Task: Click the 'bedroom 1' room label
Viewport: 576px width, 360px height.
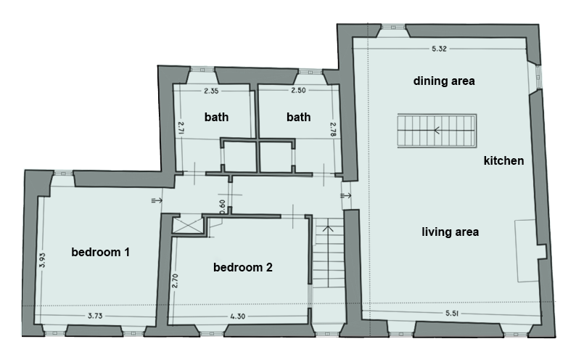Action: pyautogui.click(x=100, y=252)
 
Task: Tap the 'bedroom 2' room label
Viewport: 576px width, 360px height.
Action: pyautogui.click(x=243, y=267)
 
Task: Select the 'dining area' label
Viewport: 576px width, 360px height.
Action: pyautogui.click(x=444, y=81)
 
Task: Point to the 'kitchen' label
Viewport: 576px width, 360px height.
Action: pyautogui.click(x=503, y=160)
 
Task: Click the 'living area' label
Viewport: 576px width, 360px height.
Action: pyautogui.click(x=450, y=232)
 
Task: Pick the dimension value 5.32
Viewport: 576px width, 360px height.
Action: pyautogui.click(x=439, y=49)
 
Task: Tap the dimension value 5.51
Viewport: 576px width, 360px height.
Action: pyautogui.click(x=452, y=314)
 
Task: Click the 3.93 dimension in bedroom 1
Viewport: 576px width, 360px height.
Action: pyautogui.click(x=42, y=260)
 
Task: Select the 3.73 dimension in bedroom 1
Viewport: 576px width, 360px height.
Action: pyautogui.click(x=95, y=316)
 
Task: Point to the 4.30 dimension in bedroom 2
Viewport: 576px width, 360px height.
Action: pyautogui.click(x=238, y=316)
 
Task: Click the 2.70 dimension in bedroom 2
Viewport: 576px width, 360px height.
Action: pyautogui.click(x=175, y=281)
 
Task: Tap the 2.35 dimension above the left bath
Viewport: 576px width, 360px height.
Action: pyautogui.click(x=211, y=91)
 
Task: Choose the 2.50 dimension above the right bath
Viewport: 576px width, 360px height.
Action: pyautogui.click(x=298, y=90)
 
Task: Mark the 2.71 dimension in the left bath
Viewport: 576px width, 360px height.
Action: pyautogui.click(x=181, y=128)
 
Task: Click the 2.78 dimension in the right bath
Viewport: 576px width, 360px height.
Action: pyautogui.click(x=333, y=129)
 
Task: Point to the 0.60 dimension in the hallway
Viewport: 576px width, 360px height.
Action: pyautogui.click(x=222, y=207)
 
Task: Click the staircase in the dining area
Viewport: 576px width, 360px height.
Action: pyautogui.click(x=437, y=131)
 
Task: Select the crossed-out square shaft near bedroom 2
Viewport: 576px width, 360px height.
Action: pyautogui.click(x=188, y=225)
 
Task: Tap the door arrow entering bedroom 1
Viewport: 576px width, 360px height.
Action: pyautogui.click(x=157, y=200)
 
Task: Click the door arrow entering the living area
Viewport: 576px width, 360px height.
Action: pyautogui.click(x=346, y=195)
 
